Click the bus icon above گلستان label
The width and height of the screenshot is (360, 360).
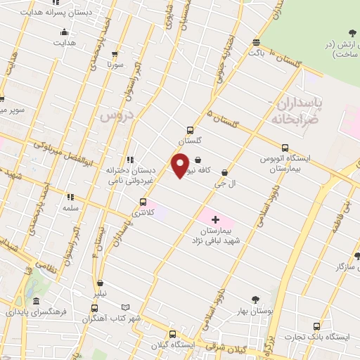pos(190,129)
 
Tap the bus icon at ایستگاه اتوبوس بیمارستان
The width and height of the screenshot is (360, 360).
pos(285,148)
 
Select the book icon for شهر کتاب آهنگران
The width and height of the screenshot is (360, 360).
pos(126,307)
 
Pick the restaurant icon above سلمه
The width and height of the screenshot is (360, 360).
pos(70,198)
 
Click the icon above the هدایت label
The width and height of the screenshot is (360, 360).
pos(65,32)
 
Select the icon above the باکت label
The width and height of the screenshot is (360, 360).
pos(256,42)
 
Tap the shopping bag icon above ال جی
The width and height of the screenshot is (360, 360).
pos(224,172)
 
